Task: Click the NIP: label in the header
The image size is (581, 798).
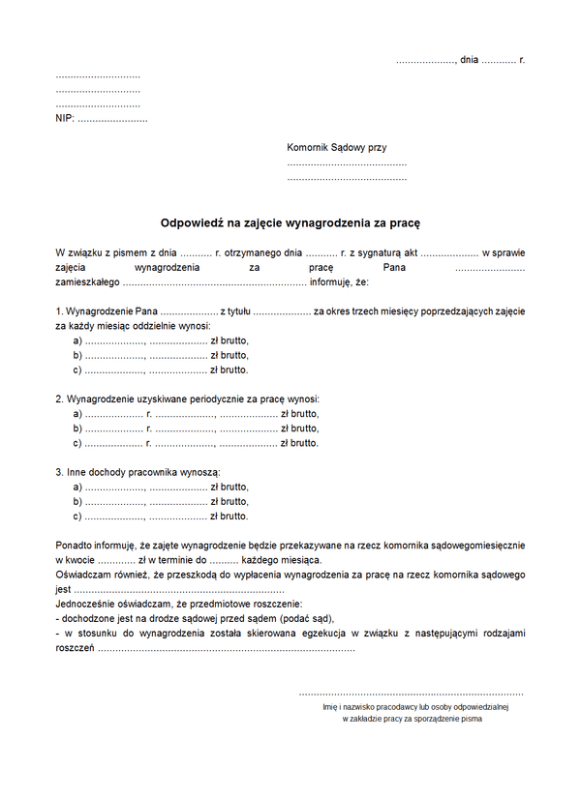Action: (x=65, y=118)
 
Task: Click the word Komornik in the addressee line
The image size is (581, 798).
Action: (x=309, y=148)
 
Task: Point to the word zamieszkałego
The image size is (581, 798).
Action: (x=87, y=282)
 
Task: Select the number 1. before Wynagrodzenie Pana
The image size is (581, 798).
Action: (x=59, y=311)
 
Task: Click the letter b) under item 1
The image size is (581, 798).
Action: (x=77, y=355)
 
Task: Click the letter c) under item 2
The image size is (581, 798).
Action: (x=77, y=443)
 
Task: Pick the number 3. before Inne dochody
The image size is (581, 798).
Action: (x=59, y=472)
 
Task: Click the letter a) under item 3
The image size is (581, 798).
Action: (x=77, y=487)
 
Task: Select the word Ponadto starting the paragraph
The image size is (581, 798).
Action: (x=76, y=546)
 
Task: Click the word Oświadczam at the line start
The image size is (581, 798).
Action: (x=84, y=575)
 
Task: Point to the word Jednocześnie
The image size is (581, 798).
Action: (x=88, y=604)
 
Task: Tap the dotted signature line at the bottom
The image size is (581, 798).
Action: (x=411, y=693)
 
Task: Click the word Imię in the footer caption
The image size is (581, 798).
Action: (x=331, y=707)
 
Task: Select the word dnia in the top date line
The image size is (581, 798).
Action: (x=470, y=60)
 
